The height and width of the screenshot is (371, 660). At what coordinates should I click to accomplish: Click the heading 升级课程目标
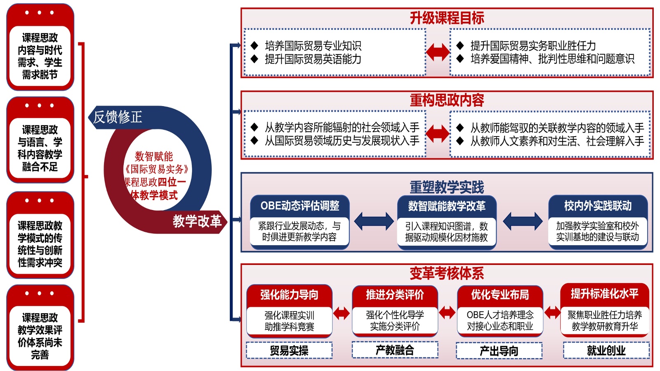click(447, 18)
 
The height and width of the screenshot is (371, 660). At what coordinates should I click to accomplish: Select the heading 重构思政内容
click(447, 100)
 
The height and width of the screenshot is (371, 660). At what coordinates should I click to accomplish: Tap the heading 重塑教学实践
click(447, 187)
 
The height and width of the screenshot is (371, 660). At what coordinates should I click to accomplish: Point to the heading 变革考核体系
click(447, 273)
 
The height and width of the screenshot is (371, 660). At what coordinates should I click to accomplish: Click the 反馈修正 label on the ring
click(118, 117)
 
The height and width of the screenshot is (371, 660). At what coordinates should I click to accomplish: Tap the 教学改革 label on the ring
click(197, 221)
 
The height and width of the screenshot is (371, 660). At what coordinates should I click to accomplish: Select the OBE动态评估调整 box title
click(300, 206)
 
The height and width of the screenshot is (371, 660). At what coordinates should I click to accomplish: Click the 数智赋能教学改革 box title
click(447, 206)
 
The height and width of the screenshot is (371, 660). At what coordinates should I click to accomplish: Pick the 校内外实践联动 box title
click(598, 206)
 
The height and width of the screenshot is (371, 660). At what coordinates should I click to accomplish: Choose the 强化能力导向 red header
click(289, 295)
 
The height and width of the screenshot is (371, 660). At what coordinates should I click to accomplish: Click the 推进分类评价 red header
click(395, 295)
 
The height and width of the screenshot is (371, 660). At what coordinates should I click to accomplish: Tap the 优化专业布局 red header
click(500, 295)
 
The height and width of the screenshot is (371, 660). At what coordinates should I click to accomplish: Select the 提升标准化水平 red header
click(605, 294)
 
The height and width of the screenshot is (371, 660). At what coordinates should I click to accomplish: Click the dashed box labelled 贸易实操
click(289, 351)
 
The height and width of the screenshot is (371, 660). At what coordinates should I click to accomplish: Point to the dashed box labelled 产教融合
click(395, 350)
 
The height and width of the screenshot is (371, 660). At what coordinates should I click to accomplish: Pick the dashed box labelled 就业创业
click(606, 351)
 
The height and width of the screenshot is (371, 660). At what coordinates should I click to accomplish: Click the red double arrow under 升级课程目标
click(438, 52)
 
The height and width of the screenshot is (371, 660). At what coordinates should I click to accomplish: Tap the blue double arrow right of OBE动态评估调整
click(374, 221)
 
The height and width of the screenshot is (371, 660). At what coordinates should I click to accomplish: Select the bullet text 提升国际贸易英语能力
click(313, 59)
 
